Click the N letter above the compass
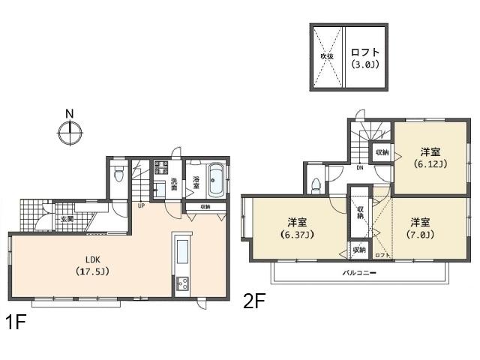(69, 114)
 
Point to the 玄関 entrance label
(67, 219)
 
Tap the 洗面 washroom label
(174, 183)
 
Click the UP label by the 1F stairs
(140, 205)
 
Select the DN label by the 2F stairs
(360, 168)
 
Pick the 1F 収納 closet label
(205, 206)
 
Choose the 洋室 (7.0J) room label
(420, 228)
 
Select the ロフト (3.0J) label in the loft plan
(365, 58)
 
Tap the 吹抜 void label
(326, 56)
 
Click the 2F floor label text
(254, 301)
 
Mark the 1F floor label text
(16, 323)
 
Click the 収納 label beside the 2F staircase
(382, 152)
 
